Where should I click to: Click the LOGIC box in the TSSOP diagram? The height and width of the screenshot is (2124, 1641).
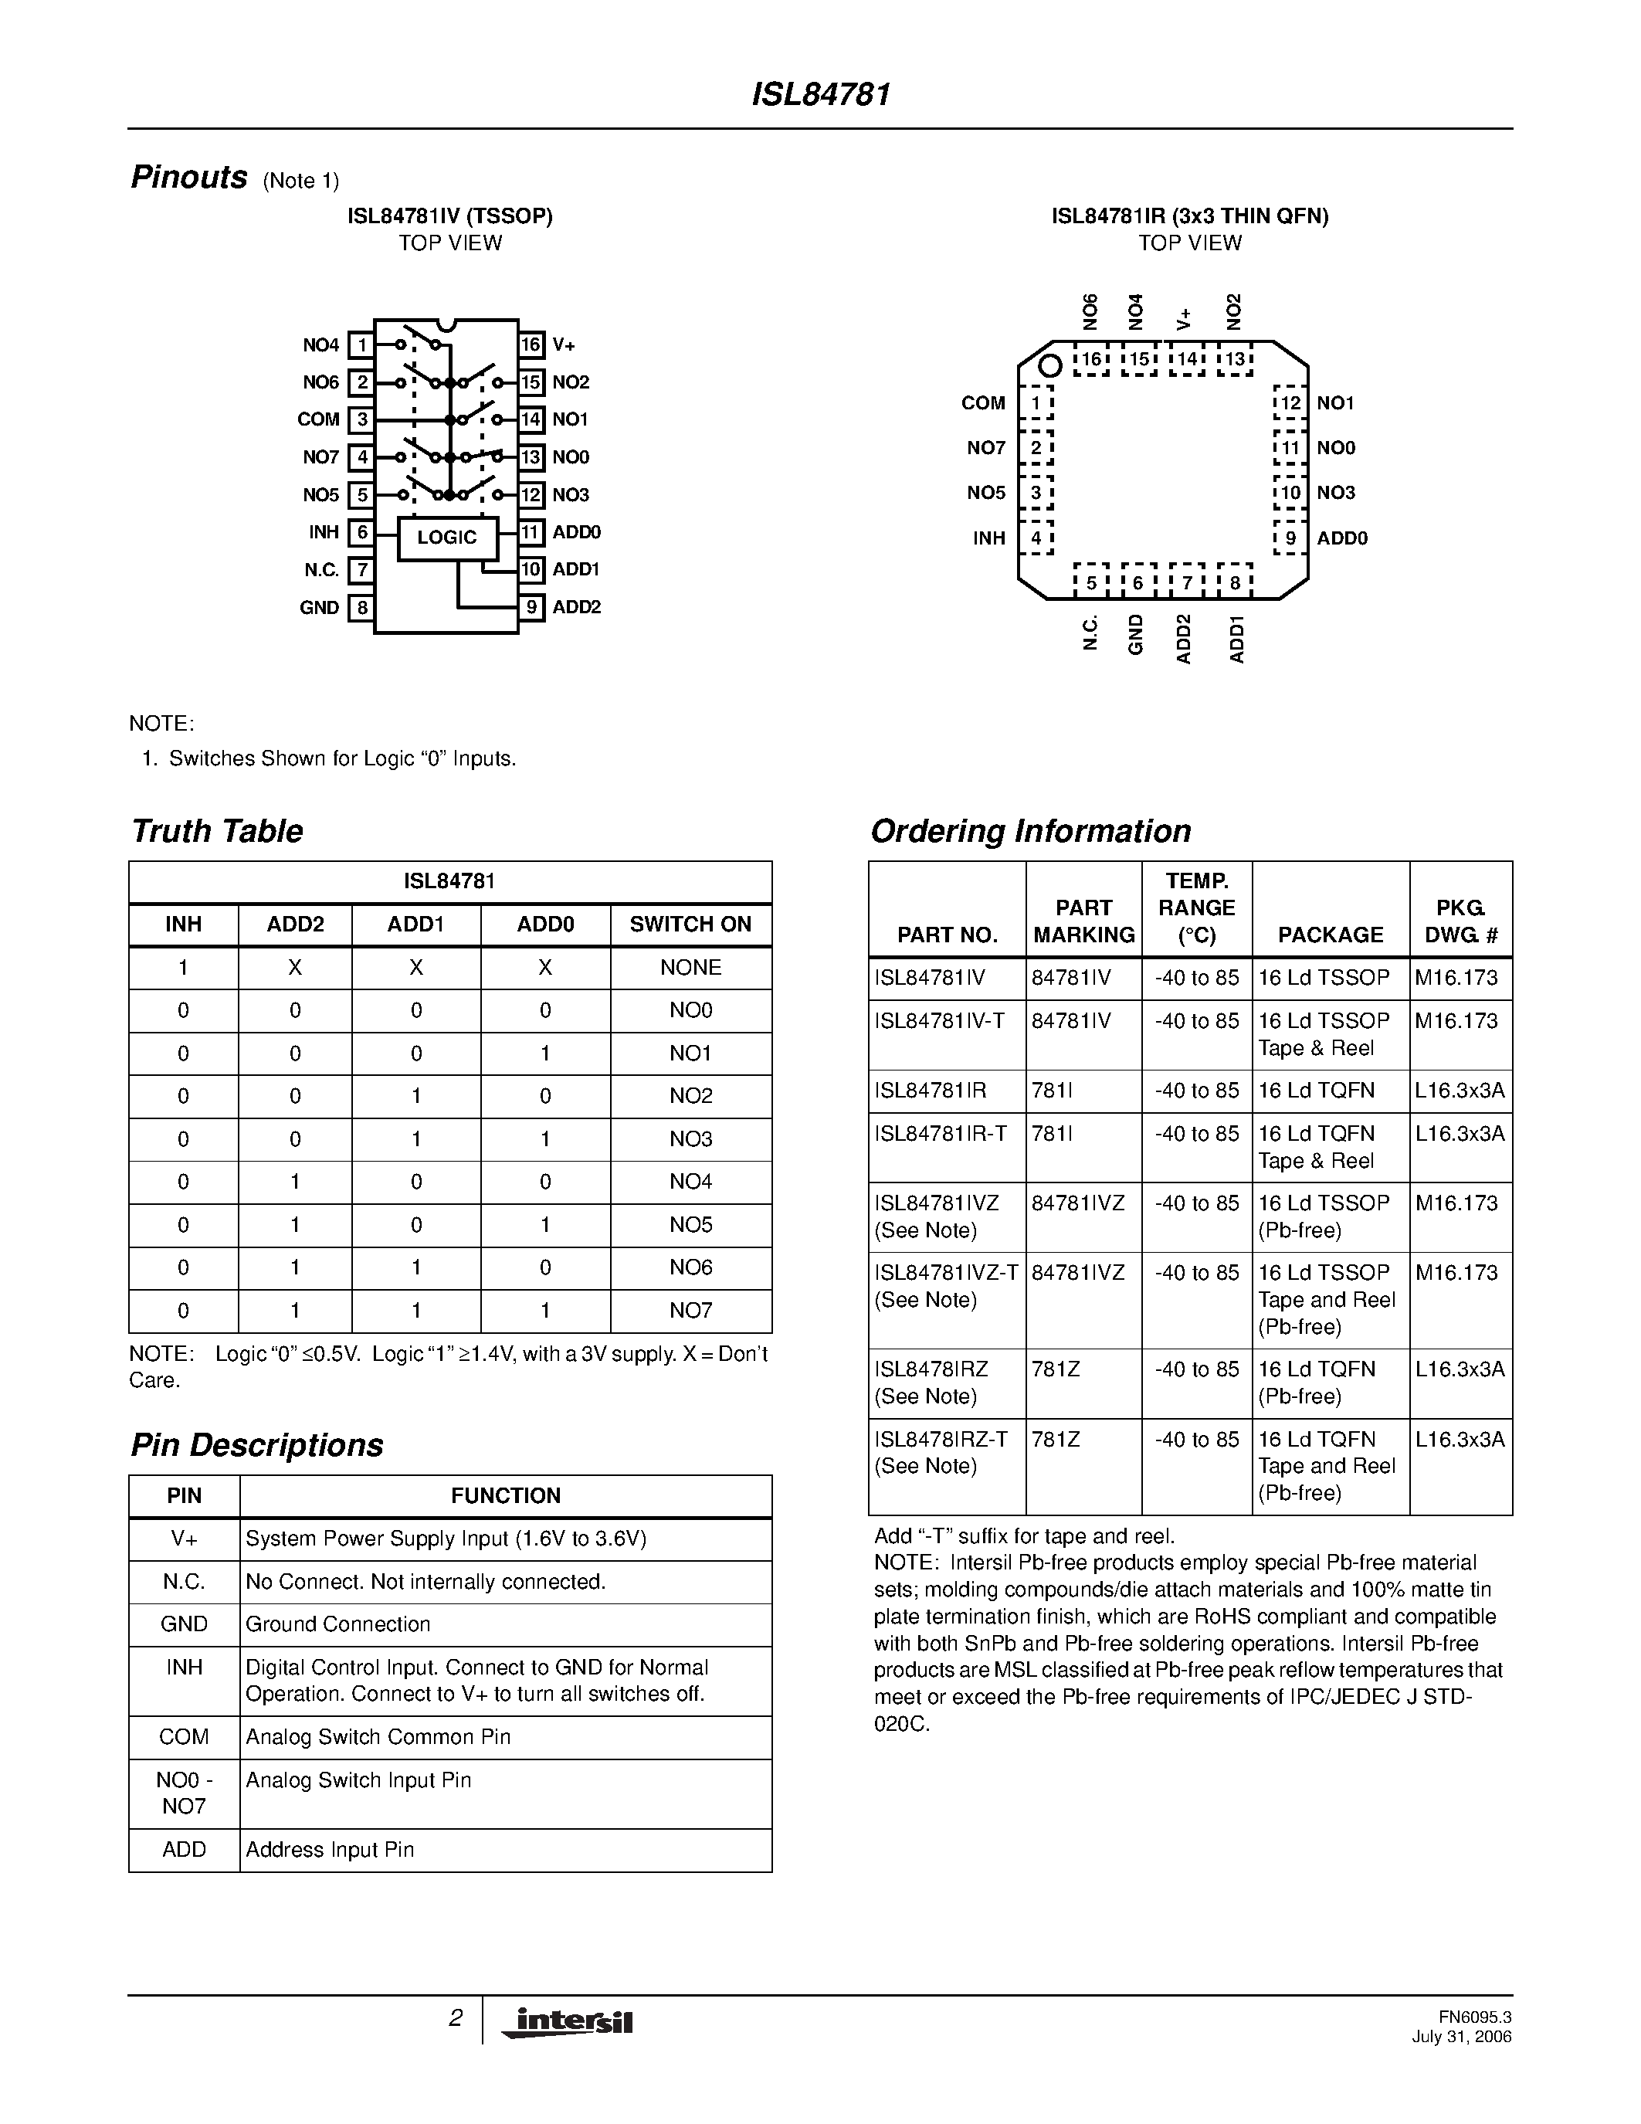coord(447,538)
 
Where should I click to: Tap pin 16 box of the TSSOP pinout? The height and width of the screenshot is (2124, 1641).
coord(530,345)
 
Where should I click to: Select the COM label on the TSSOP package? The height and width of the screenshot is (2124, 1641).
coord(319,419)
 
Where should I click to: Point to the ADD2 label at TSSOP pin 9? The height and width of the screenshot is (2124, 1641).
coord(577,607)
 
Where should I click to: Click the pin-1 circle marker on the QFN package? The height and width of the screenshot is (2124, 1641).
coord(1049,367)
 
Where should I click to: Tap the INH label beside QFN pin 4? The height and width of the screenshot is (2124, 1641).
coord(988,538)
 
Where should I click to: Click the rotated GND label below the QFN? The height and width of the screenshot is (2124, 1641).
coord(1135,634)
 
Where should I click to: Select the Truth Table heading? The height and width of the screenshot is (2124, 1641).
coord(217,832)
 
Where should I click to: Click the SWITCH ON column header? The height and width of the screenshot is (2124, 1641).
coord(690,925)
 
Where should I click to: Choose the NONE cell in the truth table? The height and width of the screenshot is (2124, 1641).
coord(690,968)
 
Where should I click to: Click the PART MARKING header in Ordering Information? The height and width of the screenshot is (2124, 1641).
coord(1083,921)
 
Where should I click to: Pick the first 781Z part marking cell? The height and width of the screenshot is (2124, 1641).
coord(1056,1369)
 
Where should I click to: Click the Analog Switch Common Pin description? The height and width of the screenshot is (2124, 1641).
coord(378,1737)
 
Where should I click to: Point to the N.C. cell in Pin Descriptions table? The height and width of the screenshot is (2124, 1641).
coord(184,1583)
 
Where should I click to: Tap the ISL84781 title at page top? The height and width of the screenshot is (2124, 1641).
coord(820,94)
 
